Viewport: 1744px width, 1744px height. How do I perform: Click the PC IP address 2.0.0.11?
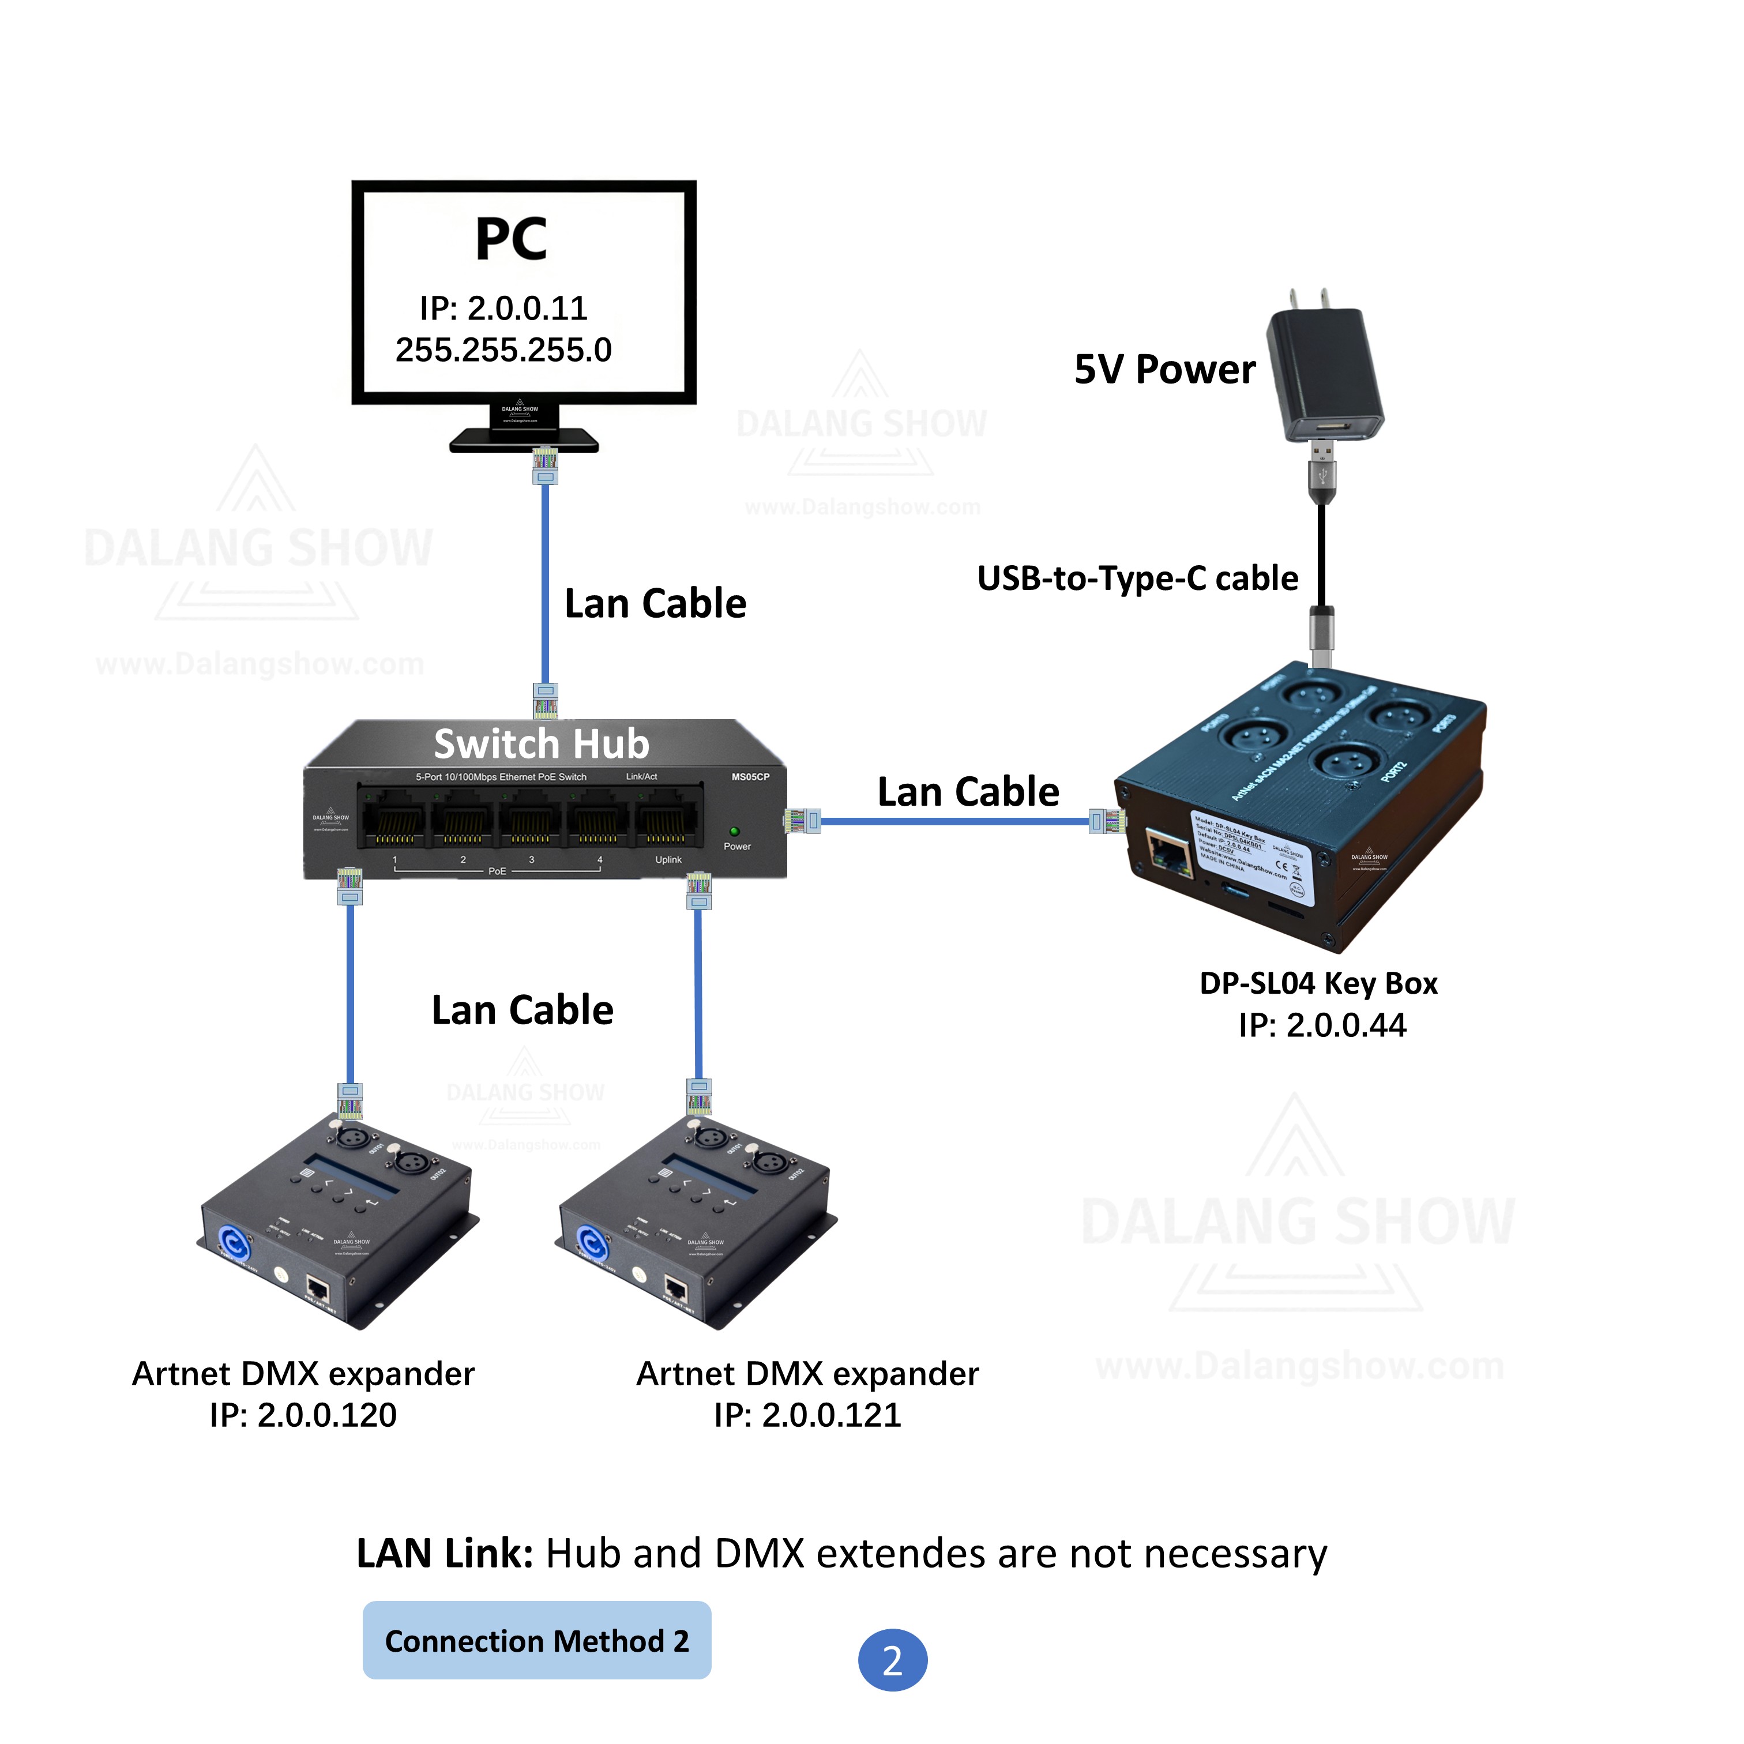[503, 309]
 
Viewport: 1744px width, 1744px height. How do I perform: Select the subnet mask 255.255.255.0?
[503, 350]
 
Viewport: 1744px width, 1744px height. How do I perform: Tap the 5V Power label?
[1164, 369]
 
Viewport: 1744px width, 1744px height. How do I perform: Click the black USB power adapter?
[1324, 375]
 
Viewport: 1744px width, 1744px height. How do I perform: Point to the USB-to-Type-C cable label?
[1137, 578]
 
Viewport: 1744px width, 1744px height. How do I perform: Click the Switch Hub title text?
[542, 744]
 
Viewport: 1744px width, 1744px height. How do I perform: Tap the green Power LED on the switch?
[734, 830]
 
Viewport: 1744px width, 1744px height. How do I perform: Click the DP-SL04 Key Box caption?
[1318, 983]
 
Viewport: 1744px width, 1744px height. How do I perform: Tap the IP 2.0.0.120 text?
[303, 1415]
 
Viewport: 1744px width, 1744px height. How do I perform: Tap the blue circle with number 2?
[892, 1660]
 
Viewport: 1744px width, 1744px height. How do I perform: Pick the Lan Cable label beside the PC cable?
[655, 603]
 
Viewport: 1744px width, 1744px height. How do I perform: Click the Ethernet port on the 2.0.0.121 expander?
[676, 1288]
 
